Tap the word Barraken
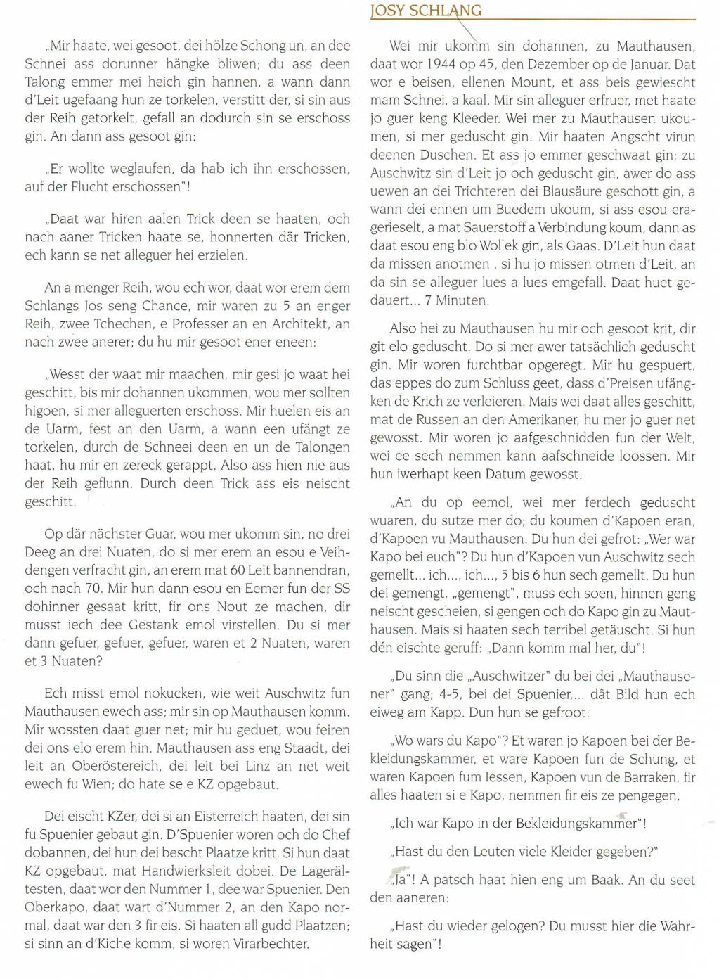(x=625, y=778)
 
